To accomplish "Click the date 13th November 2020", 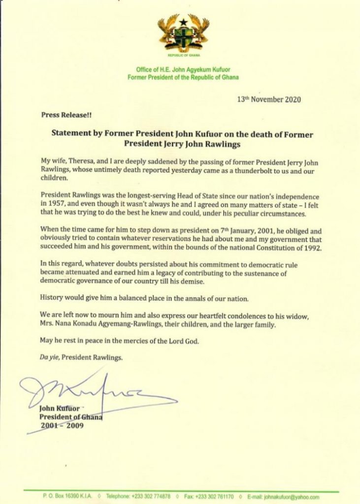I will (x=265, y=99).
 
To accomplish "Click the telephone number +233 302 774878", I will (x=149, y=497).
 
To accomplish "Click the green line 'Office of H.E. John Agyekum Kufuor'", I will (x=183, y=70).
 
